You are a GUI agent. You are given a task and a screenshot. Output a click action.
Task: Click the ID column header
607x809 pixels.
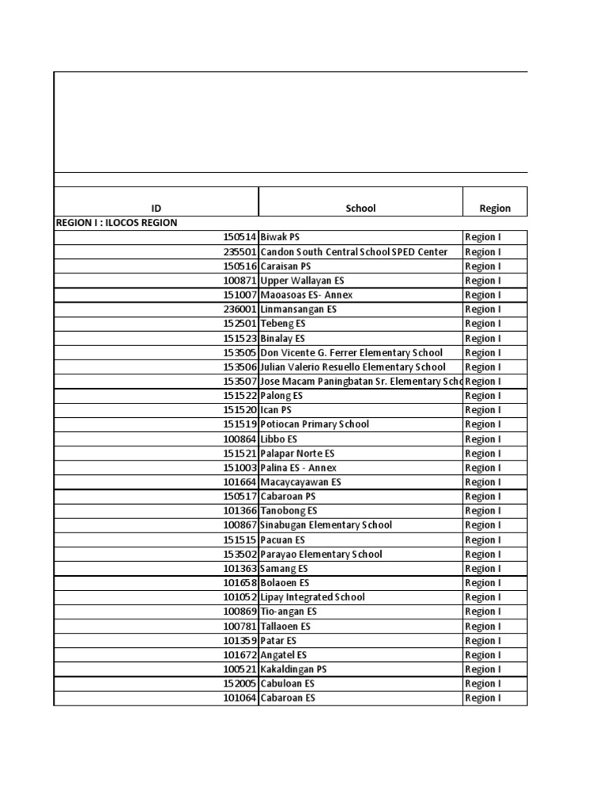[156, 209]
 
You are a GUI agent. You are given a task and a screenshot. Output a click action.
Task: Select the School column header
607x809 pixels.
[360, 209]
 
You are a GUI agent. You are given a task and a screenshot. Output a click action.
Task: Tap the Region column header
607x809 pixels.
[495, 209]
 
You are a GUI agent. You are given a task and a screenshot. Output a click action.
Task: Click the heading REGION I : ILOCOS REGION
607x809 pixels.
[116, 223]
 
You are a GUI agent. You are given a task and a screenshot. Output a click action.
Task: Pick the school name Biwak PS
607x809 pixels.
[280, 237]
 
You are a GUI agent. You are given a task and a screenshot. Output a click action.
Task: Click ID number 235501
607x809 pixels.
[240, 252]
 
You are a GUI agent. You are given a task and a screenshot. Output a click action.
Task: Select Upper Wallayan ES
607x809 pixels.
[302, 280]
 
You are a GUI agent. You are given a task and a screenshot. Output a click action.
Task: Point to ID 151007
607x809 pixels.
[240, 295]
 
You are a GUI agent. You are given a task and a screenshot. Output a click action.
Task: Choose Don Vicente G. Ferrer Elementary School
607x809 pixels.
[351, 352]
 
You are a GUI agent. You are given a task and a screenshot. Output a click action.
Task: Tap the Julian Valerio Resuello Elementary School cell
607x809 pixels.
[353, 367]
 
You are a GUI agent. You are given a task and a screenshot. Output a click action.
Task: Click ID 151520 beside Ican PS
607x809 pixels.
[240, 410]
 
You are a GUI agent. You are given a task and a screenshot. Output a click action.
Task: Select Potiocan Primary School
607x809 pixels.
[315, 424]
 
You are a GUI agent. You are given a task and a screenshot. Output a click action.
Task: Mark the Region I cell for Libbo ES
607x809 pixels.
[482, 439]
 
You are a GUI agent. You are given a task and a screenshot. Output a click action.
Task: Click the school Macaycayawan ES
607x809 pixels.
[300, 482]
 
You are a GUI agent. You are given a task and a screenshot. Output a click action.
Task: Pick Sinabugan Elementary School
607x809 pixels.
[326, 525]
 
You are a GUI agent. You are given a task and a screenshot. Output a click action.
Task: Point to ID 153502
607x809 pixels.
[240, 554]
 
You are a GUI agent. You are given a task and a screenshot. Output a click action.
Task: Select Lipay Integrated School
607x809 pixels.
[312, 597]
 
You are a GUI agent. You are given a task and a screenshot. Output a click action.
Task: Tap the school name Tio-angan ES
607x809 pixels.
[288, 611]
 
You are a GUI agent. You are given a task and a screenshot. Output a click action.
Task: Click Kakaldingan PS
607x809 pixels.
[293, 669]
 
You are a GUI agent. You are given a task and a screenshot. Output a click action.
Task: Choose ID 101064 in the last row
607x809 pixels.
[240, 698]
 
